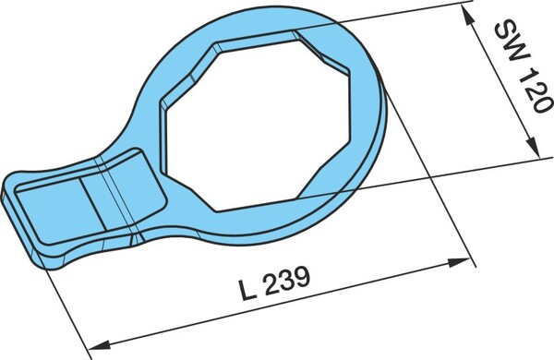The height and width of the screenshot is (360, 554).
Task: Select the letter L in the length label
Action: tap(247, 289)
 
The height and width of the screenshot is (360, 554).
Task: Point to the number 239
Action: tap(286, 281)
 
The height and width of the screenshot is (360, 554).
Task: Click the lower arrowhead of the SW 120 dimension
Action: tap(532, 147)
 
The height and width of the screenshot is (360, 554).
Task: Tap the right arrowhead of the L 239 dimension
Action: tap(459, 262)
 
